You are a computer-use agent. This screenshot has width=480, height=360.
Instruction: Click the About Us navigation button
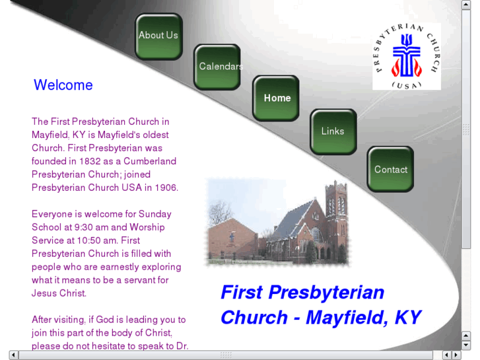coord(158,36)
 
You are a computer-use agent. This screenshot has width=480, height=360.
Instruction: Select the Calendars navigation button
coord(217,67)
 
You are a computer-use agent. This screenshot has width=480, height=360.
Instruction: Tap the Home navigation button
coord(276,98)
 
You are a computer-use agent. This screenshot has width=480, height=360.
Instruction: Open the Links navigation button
coord(333,131)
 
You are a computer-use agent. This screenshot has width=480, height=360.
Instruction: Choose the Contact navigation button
coord(390,170)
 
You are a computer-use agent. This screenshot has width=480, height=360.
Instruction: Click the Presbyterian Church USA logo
coord(406,57)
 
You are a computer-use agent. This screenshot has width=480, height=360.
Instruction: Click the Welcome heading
coord(63,85)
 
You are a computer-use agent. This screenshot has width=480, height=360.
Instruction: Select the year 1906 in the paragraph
coord(166,188)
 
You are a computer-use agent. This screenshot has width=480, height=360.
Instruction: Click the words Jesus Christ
coord(59,293)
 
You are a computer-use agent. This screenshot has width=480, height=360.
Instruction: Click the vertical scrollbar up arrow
coord(466,5)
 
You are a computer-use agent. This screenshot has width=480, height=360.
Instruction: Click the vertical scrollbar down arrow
coord(466,345)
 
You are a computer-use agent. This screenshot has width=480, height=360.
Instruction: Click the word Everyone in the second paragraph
coord(53,214)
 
